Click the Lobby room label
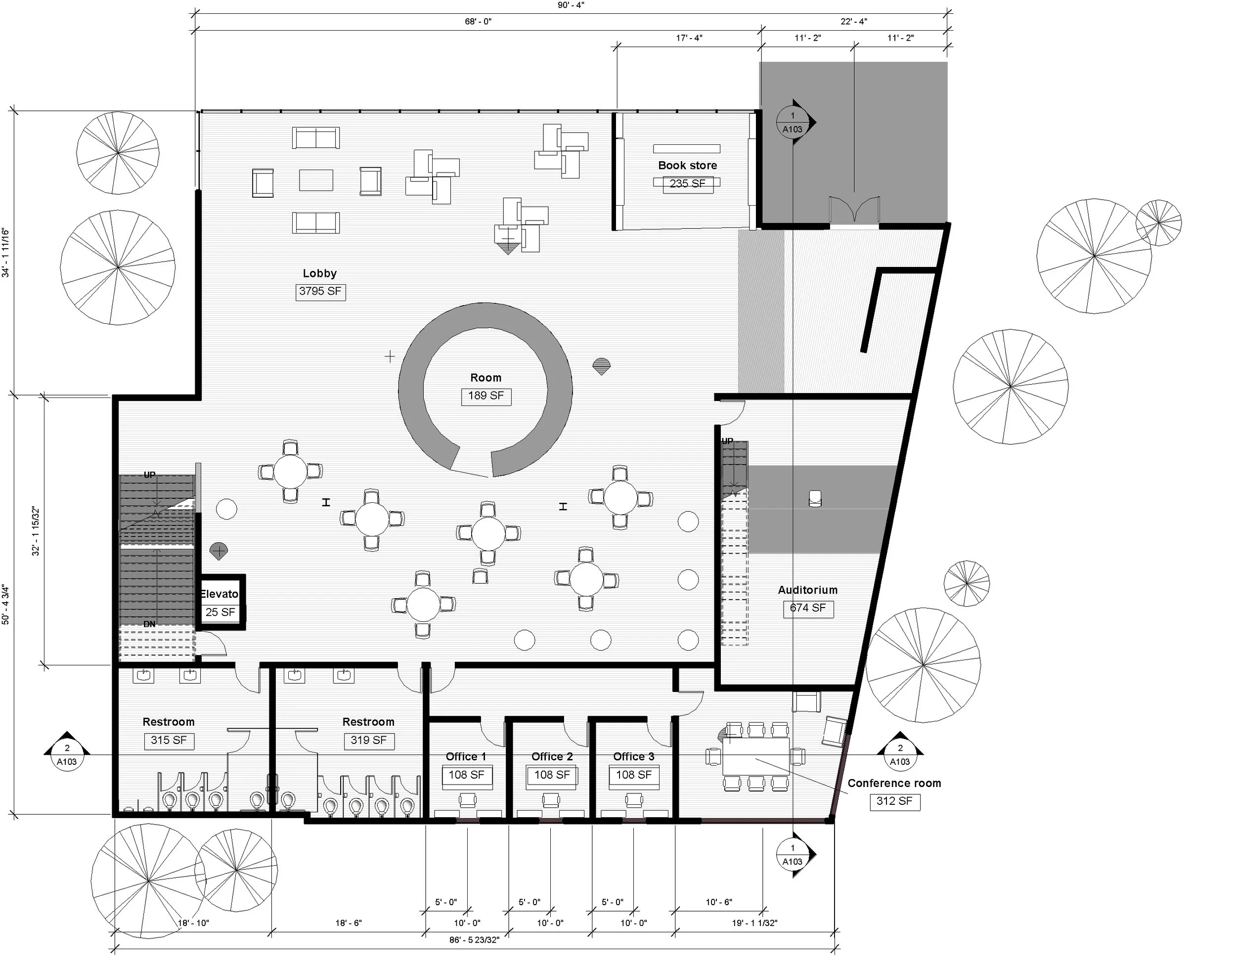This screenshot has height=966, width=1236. click(x=319, y=273)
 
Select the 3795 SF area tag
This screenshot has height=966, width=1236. click(x=320, y=292)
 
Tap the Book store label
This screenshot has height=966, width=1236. click(x=687, y=165)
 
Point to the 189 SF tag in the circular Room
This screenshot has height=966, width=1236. click(x=486, y=396)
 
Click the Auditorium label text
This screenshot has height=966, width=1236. click(x=807, y=590)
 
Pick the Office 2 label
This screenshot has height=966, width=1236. click(x=552, y=756)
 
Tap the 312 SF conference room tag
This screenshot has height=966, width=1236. click(x=894, y=801)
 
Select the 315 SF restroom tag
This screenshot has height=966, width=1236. click(x=169, y=741)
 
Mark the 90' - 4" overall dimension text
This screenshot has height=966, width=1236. click(x=571, y=5)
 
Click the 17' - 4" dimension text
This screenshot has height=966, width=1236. click(x=689, y=38)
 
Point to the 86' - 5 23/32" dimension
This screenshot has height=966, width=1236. click(x=474, y=940)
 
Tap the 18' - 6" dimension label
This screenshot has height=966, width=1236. click(x=349, y=923)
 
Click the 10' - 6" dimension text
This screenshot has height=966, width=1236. click(x=719, y=902)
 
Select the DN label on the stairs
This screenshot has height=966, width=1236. click(x=149, y=624)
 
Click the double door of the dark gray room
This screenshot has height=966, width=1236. click(x=854, y=210)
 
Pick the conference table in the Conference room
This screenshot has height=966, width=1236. click(x=755, y=756)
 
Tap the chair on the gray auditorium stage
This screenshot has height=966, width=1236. click(x=815, y=498)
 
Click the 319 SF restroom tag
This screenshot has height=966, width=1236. click(x=368, y=741)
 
